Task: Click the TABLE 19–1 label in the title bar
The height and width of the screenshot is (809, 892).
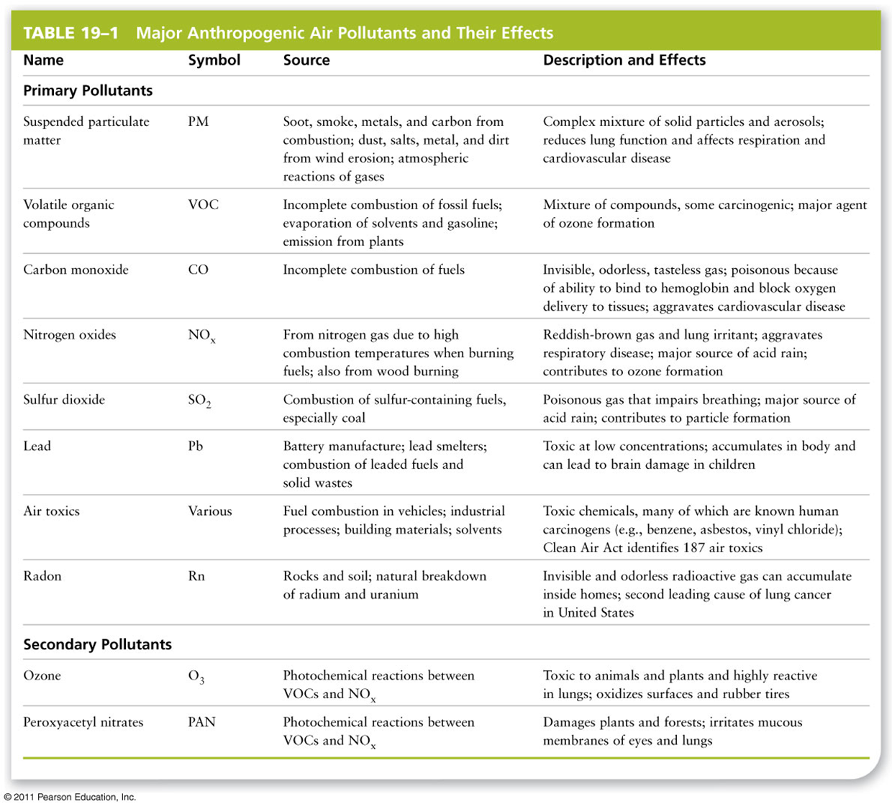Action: tap(70, 33)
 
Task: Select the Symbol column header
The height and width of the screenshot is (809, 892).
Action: tap(214, 60)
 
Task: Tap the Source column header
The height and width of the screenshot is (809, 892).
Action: tap(306, 60)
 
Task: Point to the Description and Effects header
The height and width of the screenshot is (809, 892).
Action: tap(624, 60)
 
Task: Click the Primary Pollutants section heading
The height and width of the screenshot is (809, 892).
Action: tap(88, 91)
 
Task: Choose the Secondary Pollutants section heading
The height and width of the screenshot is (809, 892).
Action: tap(97, 644)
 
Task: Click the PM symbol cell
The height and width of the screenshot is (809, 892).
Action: tap(199, 122)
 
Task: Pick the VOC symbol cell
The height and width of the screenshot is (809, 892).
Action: tap(203, 205)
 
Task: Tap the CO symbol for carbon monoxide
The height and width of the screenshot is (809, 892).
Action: tap(198, 270)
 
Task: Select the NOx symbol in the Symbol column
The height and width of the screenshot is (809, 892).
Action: tap(201, 336)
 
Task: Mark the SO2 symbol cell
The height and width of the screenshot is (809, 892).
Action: tap(199, 401)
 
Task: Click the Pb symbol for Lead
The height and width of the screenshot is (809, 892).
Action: tap(196, 446)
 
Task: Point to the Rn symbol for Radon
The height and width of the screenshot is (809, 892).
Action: tap(196, 576)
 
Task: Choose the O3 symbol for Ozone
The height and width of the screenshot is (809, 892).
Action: tap(196, 677)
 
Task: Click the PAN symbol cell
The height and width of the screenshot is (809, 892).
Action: tap(201, 722)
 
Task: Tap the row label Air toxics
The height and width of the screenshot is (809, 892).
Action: tap(51, 511)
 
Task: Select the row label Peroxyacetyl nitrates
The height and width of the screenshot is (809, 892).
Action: tap(83, 722)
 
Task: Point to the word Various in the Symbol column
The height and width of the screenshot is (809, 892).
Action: tap(210, 511)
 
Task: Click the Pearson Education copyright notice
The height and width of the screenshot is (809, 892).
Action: tap(70, 797)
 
